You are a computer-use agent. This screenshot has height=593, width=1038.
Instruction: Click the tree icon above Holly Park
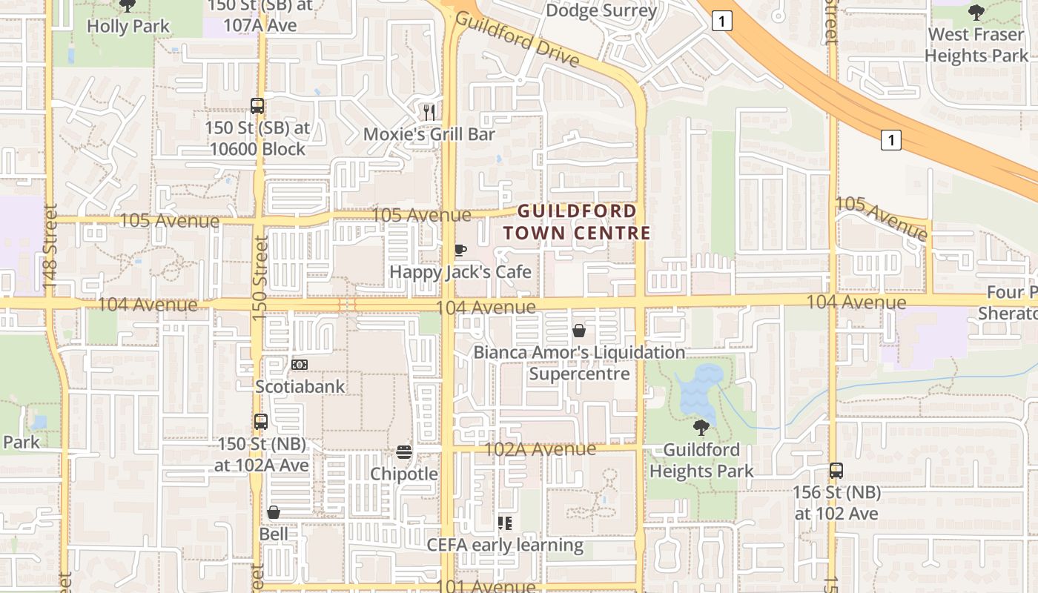128,5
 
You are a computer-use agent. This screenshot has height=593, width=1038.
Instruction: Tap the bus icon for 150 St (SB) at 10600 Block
257,106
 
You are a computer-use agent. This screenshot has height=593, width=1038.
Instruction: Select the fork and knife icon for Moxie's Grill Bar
429,112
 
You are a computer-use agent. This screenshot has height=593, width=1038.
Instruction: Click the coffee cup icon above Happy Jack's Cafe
460,251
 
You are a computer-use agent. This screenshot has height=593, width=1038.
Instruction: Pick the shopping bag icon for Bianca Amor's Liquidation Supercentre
579,331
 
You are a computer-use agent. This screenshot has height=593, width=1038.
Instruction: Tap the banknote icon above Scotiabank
300,365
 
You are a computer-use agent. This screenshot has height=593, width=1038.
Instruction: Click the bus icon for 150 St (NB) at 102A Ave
261,422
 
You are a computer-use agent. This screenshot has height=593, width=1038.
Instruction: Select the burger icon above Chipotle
404,451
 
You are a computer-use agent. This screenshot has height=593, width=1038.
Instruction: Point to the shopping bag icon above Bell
274,512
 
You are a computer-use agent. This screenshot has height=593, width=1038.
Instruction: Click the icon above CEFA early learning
505,523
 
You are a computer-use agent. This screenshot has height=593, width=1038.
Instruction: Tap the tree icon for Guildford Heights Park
701,428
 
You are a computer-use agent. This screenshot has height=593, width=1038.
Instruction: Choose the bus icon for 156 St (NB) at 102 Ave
836,470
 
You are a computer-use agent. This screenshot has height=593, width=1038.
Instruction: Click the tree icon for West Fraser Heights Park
976,13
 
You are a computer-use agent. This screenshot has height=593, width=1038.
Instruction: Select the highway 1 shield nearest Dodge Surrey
721,21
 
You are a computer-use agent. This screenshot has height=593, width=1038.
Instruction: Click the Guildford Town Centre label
576,222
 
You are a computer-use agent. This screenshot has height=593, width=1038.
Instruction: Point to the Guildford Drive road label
516,39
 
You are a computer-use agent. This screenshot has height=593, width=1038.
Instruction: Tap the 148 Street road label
50,246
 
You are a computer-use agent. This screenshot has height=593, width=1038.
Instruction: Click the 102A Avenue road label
540,449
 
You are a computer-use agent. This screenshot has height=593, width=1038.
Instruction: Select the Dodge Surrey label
601,10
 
